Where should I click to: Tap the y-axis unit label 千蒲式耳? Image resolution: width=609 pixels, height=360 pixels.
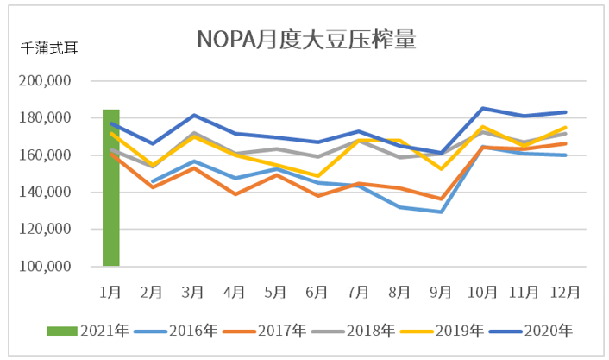coord(49,49)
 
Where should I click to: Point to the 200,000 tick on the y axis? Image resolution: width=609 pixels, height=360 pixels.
coord(44,81)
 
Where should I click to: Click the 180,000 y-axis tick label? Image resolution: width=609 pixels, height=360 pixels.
coord(44,118)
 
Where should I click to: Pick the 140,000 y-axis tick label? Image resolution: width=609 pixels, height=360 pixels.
coord(44,193)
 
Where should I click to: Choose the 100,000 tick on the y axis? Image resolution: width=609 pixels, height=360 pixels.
coord(44,267)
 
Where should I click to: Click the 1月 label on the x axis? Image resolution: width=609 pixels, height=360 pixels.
coord(110,291)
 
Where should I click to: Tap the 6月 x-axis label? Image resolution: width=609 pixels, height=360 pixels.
coord(317,291)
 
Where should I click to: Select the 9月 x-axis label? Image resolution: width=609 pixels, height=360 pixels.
coord(441,291)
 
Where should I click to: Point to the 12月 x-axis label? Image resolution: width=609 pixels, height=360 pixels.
coord(564,291)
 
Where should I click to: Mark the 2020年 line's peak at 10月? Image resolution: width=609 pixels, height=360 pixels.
coord(482,108)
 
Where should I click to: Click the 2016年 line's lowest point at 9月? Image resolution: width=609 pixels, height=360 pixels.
coord(441,212)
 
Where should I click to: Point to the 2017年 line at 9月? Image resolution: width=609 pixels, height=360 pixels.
coord(441,199)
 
